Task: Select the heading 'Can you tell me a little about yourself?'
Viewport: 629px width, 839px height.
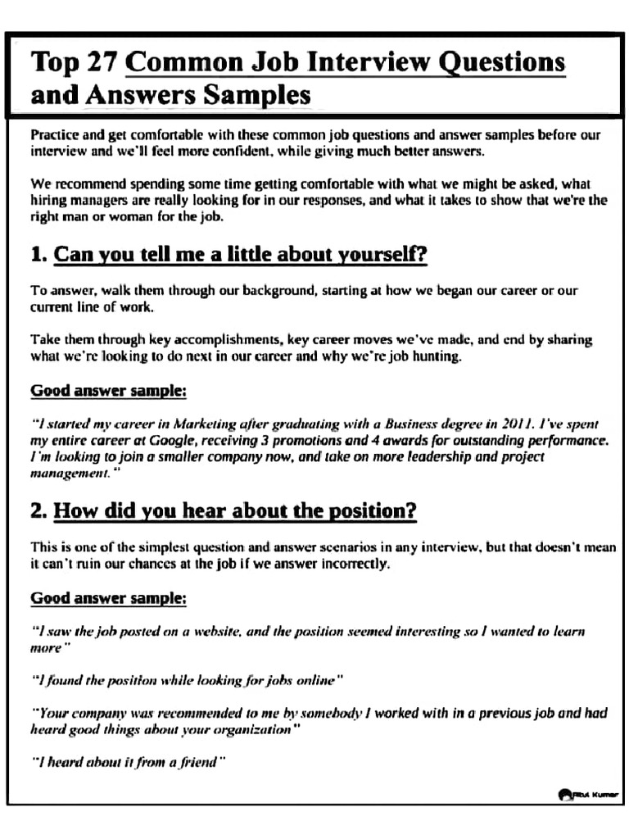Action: click(240, 255)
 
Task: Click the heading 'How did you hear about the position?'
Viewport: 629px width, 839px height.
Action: click(235, 512)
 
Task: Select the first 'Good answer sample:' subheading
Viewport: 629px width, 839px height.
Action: click(109, 391)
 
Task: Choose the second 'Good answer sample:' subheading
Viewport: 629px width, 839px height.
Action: click(109, 598)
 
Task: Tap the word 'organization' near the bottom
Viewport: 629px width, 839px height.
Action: click(249, 729)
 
